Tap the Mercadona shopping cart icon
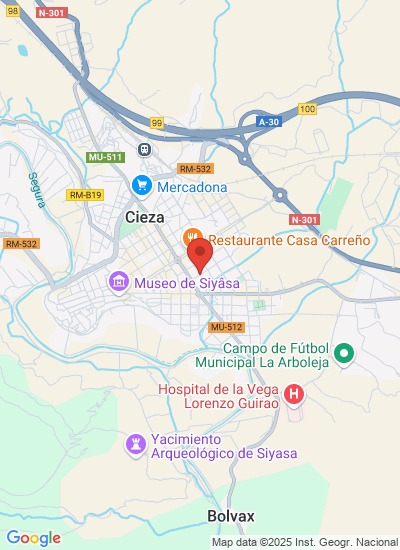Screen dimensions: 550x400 coord(142,186)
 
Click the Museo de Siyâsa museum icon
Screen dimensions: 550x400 coord(119,283)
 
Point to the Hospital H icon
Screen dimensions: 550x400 coord(294,393)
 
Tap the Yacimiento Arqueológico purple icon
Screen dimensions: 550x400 coord(135,442)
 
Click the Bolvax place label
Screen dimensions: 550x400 coord(231,516)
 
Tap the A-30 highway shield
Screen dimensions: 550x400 coord(267,121)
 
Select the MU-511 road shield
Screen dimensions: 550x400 coord(104,157)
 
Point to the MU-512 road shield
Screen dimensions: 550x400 coord(227,327)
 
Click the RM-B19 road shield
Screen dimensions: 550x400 coord(84,195)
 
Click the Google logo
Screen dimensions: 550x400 coord(33,538)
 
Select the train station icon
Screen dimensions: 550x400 coord(144,150)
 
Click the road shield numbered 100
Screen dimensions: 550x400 coord(307,108)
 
